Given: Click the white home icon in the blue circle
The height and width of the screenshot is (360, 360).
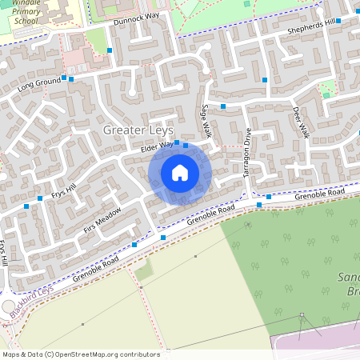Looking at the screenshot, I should [179, 173].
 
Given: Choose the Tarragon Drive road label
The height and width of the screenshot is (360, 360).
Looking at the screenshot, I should [247, 151].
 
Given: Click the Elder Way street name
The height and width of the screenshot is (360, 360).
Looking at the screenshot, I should [156, 146].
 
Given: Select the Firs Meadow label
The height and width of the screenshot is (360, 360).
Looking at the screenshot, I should [102, 220].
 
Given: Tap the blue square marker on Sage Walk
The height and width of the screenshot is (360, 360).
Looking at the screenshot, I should [224, 106].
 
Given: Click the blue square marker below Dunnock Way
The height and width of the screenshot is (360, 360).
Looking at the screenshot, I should [110, 50].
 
